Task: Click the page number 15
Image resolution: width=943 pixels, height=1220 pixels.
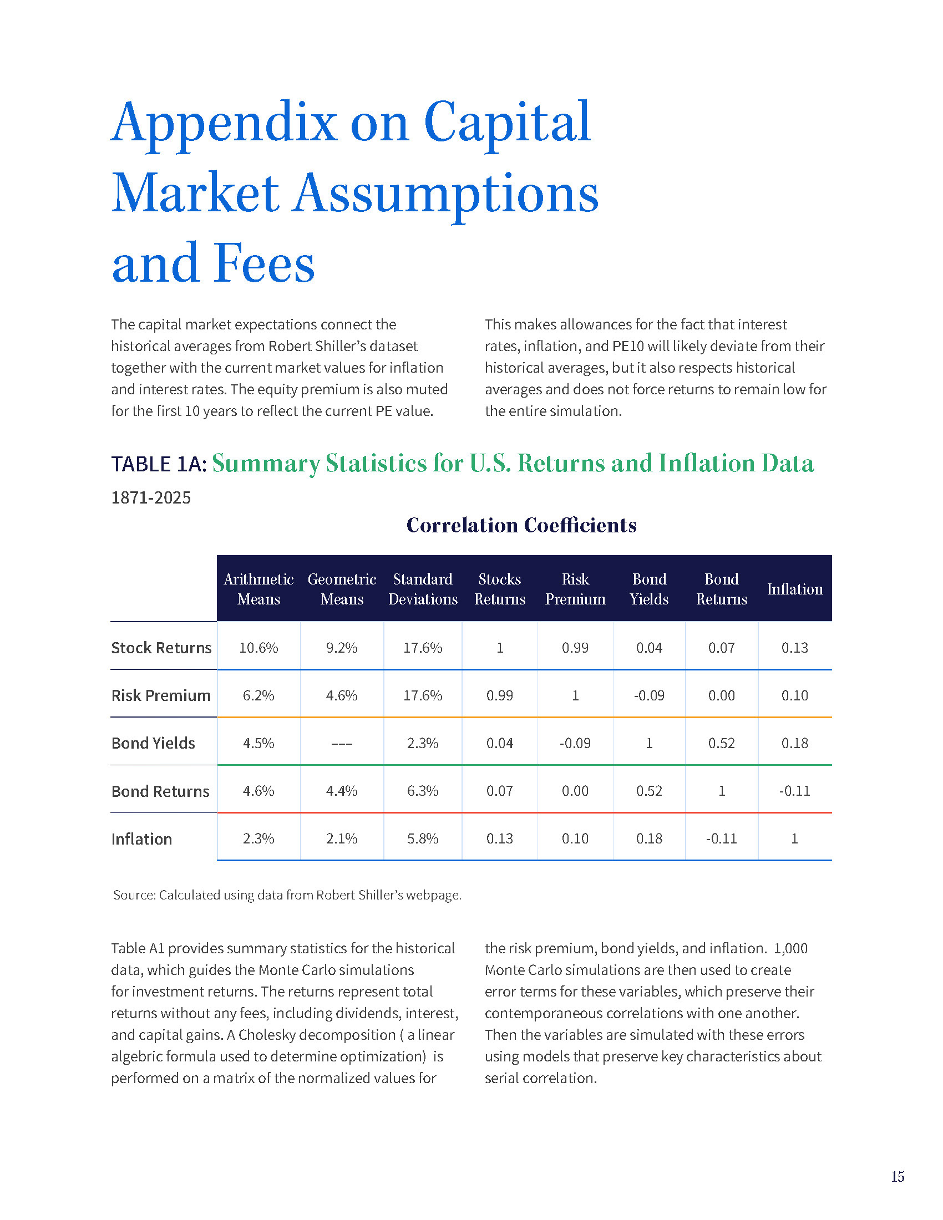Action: coord(897,1176)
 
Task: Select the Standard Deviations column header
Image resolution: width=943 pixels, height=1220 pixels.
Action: coord(422,589)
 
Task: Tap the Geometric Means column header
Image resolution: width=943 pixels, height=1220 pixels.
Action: coord(341,589)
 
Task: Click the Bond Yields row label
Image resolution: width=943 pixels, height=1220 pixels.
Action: coord(153,743)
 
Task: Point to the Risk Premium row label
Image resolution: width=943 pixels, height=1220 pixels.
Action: coord(161,695)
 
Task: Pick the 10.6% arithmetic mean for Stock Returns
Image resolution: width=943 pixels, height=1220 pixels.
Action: coord(258,647)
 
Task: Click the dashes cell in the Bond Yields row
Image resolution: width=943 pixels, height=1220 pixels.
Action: coord(341,744)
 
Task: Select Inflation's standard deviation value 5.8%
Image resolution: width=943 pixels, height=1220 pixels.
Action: coord(422,838)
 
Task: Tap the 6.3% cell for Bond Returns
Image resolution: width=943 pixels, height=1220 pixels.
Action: coord(422,791)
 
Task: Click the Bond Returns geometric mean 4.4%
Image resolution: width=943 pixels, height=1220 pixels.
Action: coord(341,791)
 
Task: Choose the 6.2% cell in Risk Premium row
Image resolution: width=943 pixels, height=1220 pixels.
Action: coord(258,695)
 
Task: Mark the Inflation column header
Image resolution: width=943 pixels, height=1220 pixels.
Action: coord(794,589)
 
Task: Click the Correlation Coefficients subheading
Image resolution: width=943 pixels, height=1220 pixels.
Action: coord(521,525)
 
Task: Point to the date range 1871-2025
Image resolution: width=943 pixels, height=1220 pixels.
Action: coord(151,497)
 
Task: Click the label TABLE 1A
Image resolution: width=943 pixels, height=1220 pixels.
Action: coord(159,464)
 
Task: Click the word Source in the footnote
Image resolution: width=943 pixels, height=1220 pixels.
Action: coord(134,895)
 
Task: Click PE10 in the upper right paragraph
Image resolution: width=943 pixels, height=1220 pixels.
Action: coord(628,346)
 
